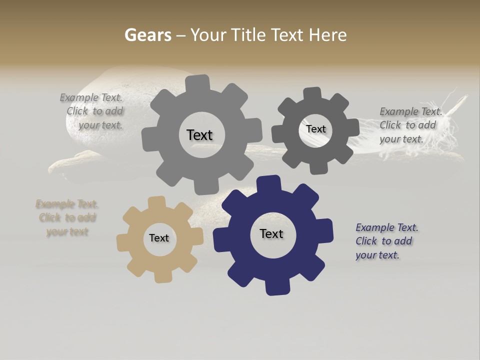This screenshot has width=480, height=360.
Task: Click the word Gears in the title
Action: pyautogui.click(x=147, y=35)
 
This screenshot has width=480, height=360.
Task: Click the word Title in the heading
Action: pyautogui.click(x=250, y=35)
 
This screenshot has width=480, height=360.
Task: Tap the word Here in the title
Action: pyautogui.click(x=327, y=35)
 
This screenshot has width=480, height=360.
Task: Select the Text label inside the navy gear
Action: pyautogui.click(x=271, y=234)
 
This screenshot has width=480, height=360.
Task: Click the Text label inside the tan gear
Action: pyautogui.click(x=159, y=238)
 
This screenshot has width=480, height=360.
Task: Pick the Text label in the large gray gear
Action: pyautogui.click(x=199, y=135)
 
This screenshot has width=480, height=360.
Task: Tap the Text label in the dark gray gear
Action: pyautogui.click(x=315, y=129)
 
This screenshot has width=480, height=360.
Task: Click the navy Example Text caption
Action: pyautogui.click(x=386, y=241)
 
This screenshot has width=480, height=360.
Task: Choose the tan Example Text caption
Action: pyautogui.click(x=67, y=218)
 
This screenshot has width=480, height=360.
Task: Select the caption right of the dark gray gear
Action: pyautogui.click(x=410, y=125)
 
